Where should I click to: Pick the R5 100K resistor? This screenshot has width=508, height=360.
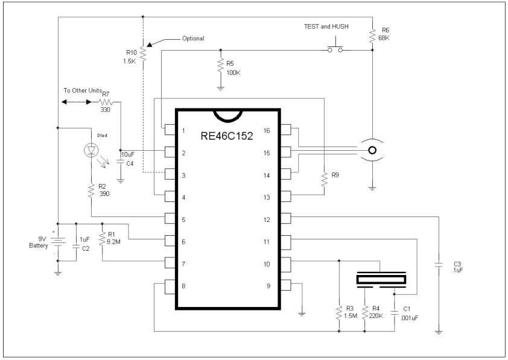[221, 68]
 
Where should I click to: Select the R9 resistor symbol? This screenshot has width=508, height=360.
[325, 178]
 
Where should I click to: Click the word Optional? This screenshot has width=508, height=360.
[194, 39]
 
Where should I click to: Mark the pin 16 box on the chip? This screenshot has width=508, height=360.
[286, 130]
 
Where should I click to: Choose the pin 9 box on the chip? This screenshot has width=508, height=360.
[286, 285]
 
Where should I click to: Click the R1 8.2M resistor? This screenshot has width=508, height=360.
[103, 236]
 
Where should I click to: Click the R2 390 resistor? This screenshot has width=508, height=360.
[90, 192]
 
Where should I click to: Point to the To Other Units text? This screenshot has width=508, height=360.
[81, 90]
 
